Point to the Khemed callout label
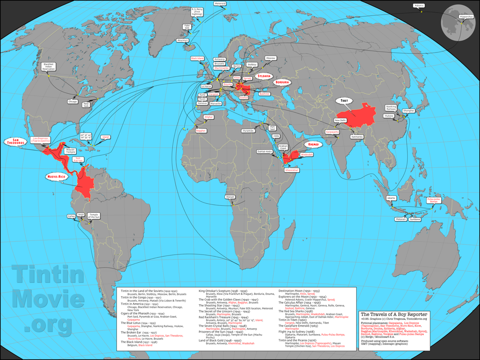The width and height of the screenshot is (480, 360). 314,144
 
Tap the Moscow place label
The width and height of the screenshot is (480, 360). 270,58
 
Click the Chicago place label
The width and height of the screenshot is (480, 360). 73,101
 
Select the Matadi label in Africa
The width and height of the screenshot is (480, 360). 230,197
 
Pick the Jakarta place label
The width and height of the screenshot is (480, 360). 391,198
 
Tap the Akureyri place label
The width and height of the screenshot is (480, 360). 183,41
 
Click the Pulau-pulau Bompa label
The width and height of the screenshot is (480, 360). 433,200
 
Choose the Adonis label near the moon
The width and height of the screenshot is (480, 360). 419,6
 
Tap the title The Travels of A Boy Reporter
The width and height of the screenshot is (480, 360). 393,313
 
